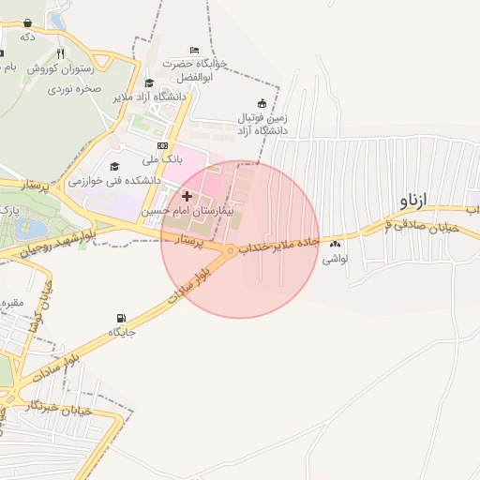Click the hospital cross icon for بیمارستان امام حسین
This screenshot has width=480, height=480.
[187, 197]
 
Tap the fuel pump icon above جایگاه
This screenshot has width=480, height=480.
[121, 319]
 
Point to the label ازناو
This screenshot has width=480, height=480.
[412, 201]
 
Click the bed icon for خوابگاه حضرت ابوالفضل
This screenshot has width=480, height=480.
[194, 50]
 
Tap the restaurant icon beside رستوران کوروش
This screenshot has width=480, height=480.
[61, 53]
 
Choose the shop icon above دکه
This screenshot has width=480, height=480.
[27, 22]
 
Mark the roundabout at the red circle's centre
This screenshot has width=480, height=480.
[230, 249]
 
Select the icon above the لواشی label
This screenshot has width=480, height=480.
[335, 245]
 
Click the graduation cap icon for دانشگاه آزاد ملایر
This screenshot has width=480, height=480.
[149, 82]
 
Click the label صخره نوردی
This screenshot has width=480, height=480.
[76, 88]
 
